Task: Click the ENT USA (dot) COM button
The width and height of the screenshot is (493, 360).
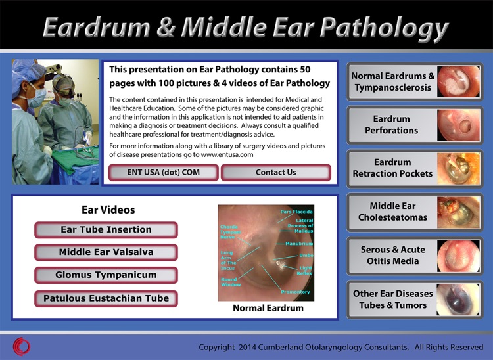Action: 163,173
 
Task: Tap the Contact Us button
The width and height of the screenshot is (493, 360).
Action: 275,173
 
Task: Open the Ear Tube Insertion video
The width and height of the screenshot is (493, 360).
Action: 106,230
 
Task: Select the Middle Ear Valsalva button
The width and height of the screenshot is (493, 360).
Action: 106,252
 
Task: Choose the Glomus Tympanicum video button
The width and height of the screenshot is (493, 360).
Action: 106,275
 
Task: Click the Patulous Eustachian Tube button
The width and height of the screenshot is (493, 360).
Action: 106,298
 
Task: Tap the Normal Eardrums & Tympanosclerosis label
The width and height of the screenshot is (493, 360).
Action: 392,82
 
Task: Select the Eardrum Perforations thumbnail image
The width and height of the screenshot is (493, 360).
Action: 458,125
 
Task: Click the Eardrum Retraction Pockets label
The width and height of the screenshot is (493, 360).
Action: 392,168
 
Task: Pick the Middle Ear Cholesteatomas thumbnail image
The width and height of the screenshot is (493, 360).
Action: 458,212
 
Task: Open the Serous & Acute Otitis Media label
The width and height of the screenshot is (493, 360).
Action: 392,256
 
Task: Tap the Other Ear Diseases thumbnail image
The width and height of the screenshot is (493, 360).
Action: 458,300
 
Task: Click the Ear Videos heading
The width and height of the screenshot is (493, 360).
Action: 108,210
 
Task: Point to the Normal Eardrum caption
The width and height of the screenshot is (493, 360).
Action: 268,308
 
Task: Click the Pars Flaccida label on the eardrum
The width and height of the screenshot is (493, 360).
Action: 296,212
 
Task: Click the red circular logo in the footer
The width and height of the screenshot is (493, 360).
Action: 21,346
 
